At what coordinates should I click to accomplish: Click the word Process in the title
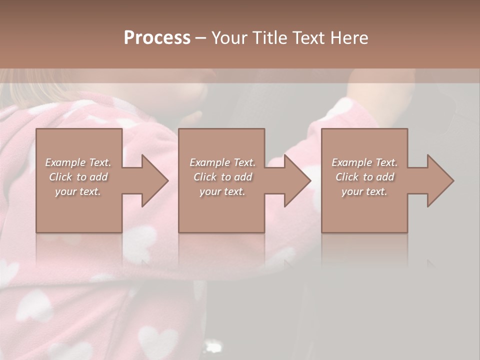tap(157, 38)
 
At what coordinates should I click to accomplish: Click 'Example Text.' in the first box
tap(78, 162)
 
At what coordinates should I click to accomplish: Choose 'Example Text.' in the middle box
tap(222, 162)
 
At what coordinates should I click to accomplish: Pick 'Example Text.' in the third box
tap(364, 162)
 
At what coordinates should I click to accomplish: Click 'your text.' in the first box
tap(78, 191)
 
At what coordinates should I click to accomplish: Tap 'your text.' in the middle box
tap(222, 191)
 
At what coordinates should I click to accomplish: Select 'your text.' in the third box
tap(364, 191)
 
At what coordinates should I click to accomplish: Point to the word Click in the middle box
tap(205, 177)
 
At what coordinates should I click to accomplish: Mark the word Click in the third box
tap(347, 177)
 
